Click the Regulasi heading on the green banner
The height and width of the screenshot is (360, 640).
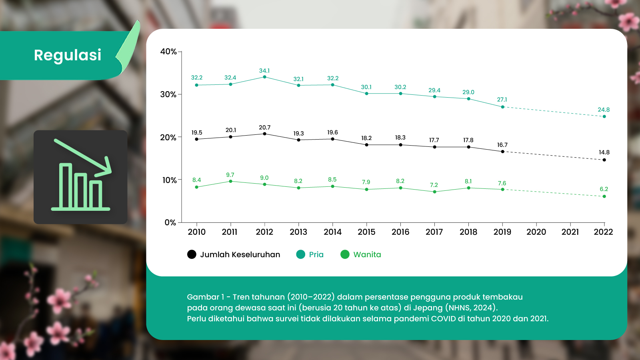[68, 55]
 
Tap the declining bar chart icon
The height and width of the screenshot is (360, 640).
[80, 177]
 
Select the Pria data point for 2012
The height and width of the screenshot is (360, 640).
[264, 77]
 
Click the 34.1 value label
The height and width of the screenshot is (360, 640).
[264, 71]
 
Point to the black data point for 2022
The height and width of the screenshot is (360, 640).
[604, 160]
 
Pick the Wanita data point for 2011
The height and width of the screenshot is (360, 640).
[230, 181]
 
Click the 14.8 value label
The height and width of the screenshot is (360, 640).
[604, 152]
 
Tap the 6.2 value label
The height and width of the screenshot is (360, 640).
[604, 189]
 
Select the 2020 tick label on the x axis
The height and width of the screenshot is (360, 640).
[536, 232]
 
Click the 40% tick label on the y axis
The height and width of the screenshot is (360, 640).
[168, 52]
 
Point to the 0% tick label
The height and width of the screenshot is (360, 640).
[170, 223]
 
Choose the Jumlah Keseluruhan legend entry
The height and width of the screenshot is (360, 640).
[234, 254]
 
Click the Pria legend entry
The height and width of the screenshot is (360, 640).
[310, 254]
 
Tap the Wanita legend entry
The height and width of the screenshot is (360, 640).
[361, 254]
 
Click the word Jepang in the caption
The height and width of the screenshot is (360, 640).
[429, 308]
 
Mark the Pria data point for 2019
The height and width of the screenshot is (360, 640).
[502, 107]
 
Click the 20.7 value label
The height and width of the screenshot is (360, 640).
[264, 128]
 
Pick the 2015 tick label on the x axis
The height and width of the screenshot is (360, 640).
[366, 232]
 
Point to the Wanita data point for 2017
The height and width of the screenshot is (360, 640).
[434, 192]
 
